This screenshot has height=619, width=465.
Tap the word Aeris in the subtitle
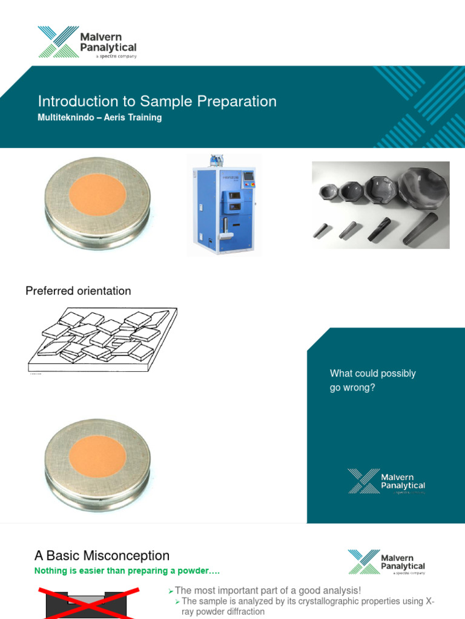[116, 118]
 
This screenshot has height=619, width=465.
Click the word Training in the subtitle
[145, 118]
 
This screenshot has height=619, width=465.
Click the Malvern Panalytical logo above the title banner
[87, 42]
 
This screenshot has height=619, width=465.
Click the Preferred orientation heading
[78, 291]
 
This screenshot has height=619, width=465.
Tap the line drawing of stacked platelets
[102, 339]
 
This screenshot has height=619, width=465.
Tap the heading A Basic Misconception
[102, 556]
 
